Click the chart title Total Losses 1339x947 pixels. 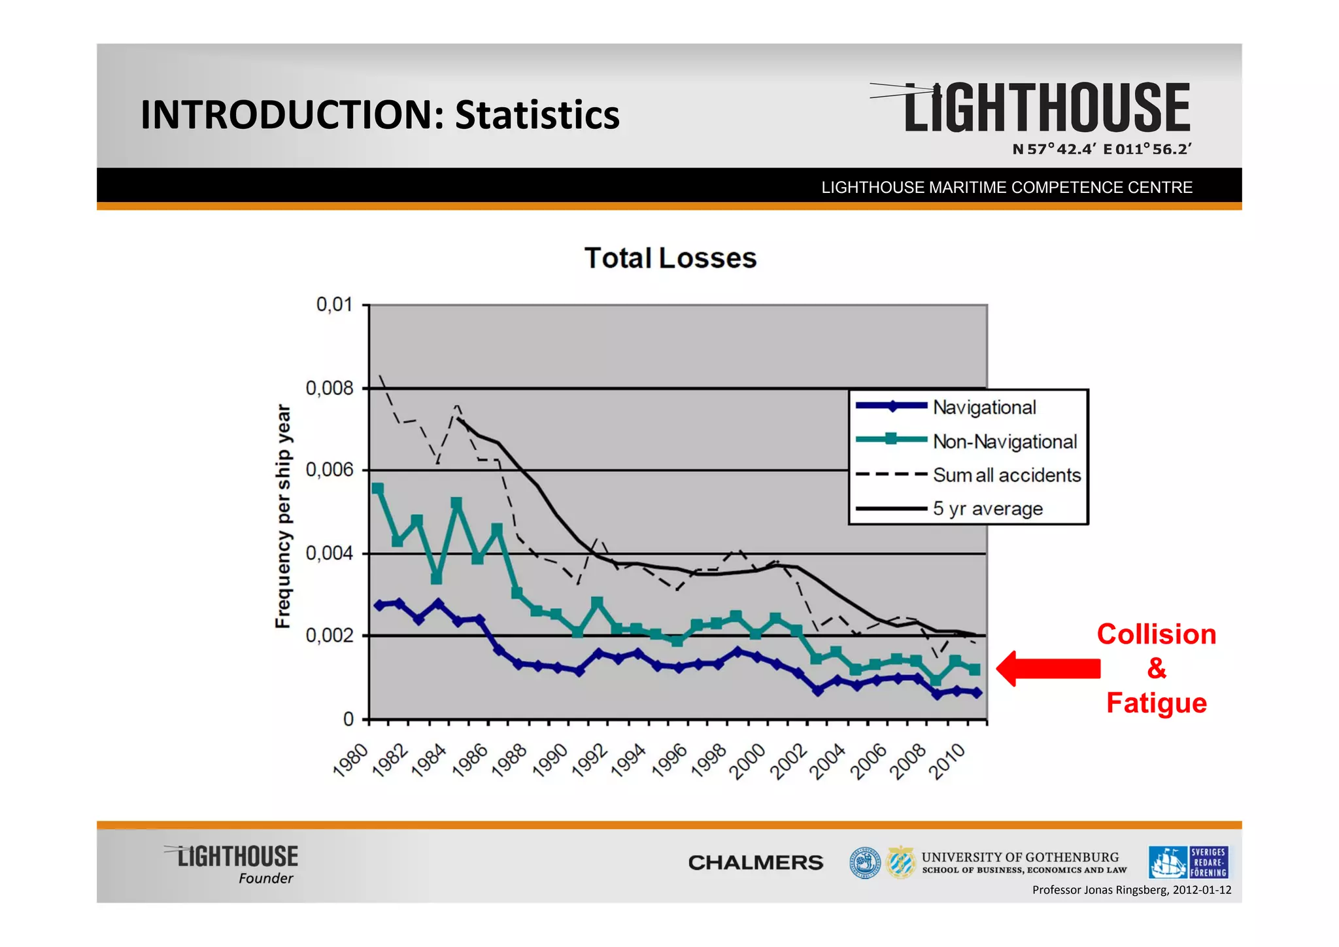[x=670, y=258]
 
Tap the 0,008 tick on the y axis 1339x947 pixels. [x=329, y=388]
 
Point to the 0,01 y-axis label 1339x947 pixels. [x=334, y=305]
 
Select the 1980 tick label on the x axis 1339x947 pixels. [x=351, y=761]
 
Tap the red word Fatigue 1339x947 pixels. [x=1156, y=703]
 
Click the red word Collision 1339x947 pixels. [x=1156, y=634]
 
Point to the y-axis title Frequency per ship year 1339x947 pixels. [x=282, y=516]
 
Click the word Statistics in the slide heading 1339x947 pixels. [x=537, y=115]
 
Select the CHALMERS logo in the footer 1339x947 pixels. [x=755, y=863]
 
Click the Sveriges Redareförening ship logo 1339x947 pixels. [x=1188, y=862]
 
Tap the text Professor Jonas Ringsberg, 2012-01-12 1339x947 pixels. [x=1131, y=890]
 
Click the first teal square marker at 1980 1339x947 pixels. [x=377, y=489]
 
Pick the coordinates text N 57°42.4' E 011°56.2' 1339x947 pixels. [x=1102, y=149]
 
